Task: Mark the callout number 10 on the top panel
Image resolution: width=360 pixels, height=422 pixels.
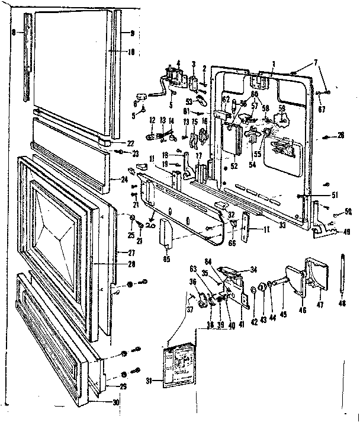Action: coord(131,52)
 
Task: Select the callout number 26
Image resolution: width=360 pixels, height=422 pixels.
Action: coord(342,136)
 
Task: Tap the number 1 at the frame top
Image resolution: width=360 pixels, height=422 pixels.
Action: coord(274,64)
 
